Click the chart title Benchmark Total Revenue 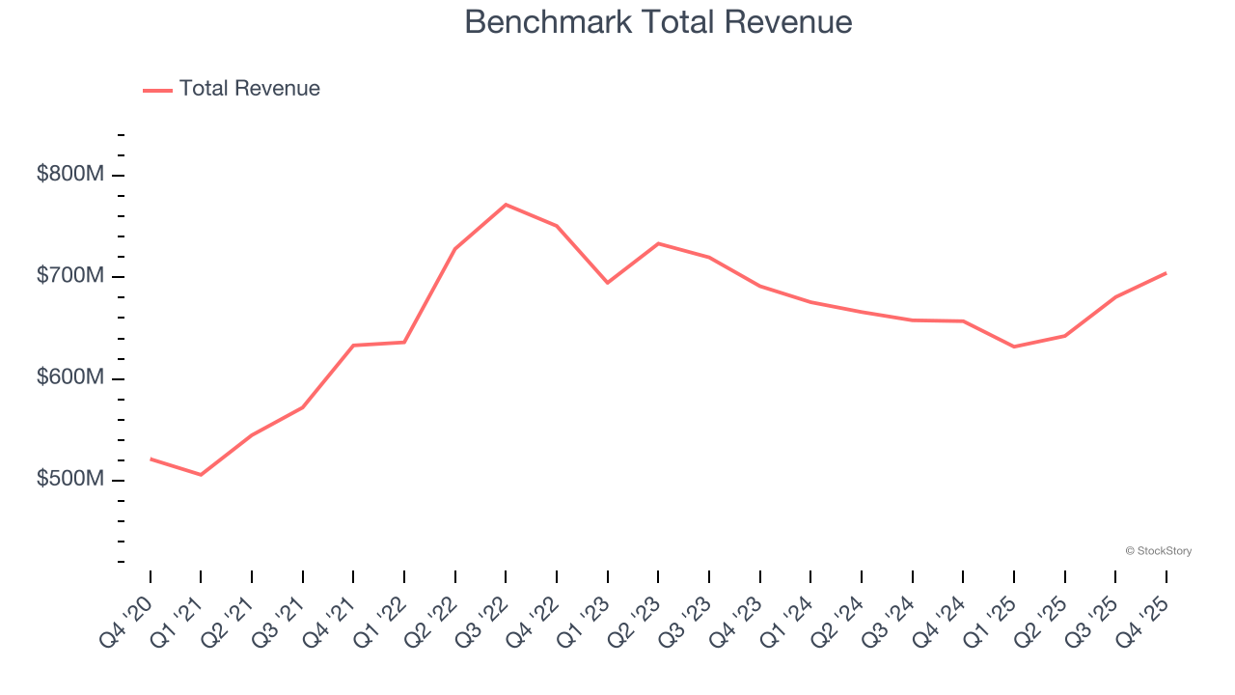(658, 22)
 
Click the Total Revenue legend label (249, 89)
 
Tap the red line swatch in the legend (157, 90)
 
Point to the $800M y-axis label (69, 175)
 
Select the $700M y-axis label (69, 276)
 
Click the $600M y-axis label (69, 378)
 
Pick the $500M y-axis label (69, 480)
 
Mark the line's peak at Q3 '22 (506, 205)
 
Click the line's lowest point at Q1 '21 (201, 475)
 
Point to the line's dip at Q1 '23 (607, 283)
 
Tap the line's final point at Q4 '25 (1166, 273)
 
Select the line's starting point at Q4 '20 (151, 459)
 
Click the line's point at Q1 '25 (1013, 347)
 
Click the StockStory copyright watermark (1158, 551)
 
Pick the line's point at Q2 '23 (658, 243)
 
